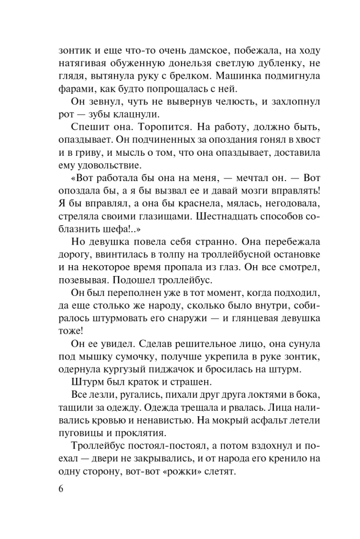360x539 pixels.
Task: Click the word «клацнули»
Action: (x=149, y=115)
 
